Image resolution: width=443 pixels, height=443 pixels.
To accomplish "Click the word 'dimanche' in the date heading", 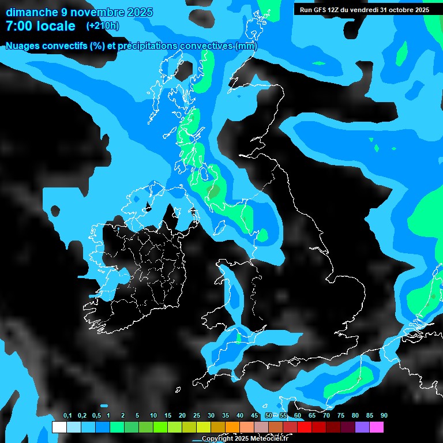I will click(28, 12).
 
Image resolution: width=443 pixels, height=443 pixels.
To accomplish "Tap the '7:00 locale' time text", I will click(40, 26).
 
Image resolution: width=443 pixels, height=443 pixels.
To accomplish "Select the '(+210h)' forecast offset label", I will click(103, 25).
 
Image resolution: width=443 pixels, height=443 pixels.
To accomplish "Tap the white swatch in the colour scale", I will click(59, 427).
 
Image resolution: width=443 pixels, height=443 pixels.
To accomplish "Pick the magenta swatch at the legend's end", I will click(376, 427).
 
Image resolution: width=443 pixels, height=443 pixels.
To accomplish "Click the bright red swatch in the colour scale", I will click(305, 427).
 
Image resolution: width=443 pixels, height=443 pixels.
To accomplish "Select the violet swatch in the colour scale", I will click(362, 427).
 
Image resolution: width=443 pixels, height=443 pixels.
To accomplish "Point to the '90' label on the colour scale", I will click(384, 416).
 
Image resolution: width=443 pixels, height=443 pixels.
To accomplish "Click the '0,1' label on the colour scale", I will click(67, 416).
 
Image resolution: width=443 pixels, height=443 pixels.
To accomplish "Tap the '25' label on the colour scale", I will click(197, 416).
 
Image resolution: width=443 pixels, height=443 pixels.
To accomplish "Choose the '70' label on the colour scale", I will click(326, 416).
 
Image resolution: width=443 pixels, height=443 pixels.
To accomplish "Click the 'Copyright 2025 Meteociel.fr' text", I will click(245, 438).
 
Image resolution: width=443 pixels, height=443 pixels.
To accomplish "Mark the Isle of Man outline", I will click(220, 227).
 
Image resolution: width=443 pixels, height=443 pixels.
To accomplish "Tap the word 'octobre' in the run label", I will click(399, 9).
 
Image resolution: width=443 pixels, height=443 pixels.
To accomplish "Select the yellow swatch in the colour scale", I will click(203, 427).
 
